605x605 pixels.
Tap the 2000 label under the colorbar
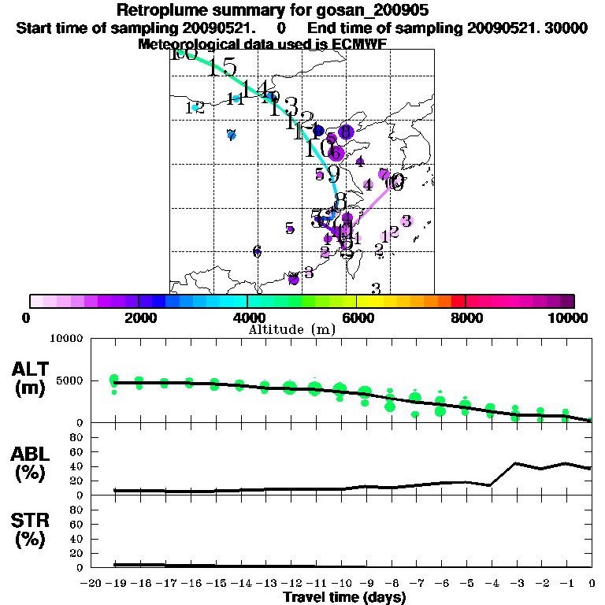[138, 317]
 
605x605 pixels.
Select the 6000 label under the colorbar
[356, 317]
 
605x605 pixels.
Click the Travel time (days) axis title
[344, 598]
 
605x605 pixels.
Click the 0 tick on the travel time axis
[592, 584]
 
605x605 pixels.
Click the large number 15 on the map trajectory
[223, 68]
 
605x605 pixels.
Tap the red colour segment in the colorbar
[458, 301]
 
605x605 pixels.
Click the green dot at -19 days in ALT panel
[114, 380]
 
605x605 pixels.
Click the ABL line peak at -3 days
[515, 463]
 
